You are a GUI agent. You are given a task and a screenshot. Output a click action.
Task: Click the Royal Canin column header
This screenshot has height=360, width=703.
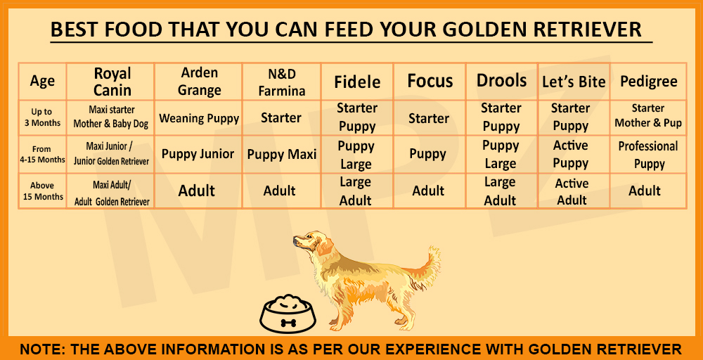(x=112, y=82)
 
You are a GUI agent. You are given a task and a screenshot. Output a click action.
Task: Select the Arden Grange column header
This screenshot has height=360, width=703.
(x=199, y=82)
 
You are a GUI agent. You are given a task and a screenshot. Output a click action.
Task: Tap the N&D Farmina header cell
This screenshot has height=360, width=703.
(x=281, y=82)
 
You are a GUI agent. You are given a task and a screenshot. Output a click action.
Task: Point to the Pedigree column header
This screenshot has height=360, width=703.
(x=648, y=82)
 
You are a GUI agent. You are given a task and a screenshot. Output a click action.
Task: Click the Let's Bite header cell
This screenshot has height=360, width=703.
(x=574, y=82)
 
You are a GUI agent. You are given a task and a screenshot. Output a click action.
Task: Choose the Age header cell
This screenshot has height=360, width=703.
(x=42, y=82)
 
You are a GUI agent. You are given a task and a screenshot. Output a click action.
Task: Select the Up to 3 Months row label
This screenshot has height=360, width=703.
(x=42, y=117)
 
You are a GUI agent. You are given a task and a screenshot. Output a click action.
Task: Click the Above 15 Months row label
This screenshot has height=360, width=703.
(x=42, y=191)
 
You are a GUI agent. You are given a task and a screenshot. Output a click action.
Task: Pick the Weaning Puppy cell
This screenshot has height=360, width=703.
(x=199, y=118)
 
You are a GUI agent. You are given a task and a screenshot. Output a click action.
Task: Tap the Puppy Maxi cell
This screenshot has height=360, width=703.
(x=281, y=154)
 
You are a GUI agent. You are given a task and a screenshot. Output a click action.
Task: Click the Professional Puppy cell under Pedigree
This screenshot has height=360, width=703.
(x=648, y=155)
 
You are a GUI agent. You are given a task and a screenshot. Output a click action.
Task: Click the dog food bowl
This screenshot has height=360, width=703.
(x=288, y=314)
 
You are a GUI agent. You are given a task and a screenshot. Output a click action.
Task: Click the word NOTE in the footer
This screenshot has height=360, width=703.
(x=41, y=349)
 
